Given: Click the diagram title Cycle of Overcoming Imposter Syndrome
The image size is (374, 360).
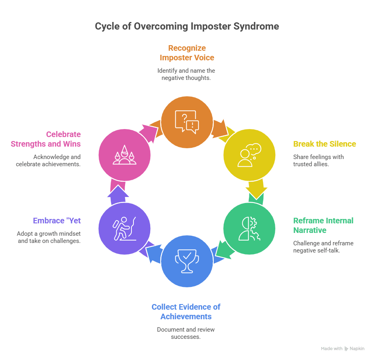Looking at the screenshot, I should click(x=187, y=26).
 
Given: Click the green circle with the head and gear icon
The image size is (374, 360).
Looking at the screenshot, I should click(x=249, y=229).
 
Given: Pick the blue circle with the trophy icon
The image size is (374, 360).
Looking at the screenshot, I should click(x=187, y=261).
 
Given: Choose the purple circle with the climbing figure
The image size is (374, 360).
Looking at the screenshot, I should click(x=124, y=229).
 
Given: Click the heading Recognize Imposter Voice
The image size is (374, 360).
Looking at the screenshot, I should click(x=187, y=53).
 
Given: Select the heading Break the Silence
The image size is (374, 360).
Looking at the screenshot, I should click(x=324, y=144).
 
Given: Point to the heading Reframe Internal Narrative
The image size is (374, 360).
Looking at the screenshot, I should click(x=323, y=225).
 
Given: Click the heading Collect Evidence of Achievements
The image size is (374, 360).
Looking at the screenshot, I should click(x=186, y=312).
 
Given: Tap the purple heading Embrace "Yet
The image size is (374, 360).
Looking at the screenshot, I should click(x=57, y=221).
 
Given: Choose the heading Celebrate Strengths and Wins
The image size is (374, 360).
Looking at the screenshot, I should click(x=46, y=139).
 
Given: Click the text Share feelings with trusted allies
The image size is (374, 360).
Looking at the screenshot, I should click(x=318, y=160).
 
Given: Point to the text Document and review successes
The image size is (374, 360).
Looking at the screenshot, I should click(x=186, y=333).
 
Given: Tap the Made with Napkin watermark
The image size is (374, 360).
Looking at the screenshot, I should click(x=342, y=349).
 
